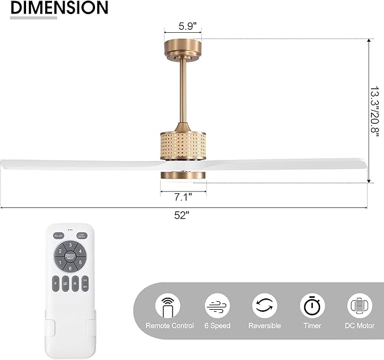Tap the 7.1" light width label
click(183, 197)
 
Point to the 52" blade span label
click(182, 215)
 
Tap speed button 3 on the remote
click(70, 245)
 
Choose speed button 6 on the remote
click(70, 268)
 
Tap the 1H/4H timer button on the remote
click(84, 284)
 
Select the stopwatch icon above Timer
click(312, 306)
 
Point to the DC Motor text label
click(360, 326)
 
